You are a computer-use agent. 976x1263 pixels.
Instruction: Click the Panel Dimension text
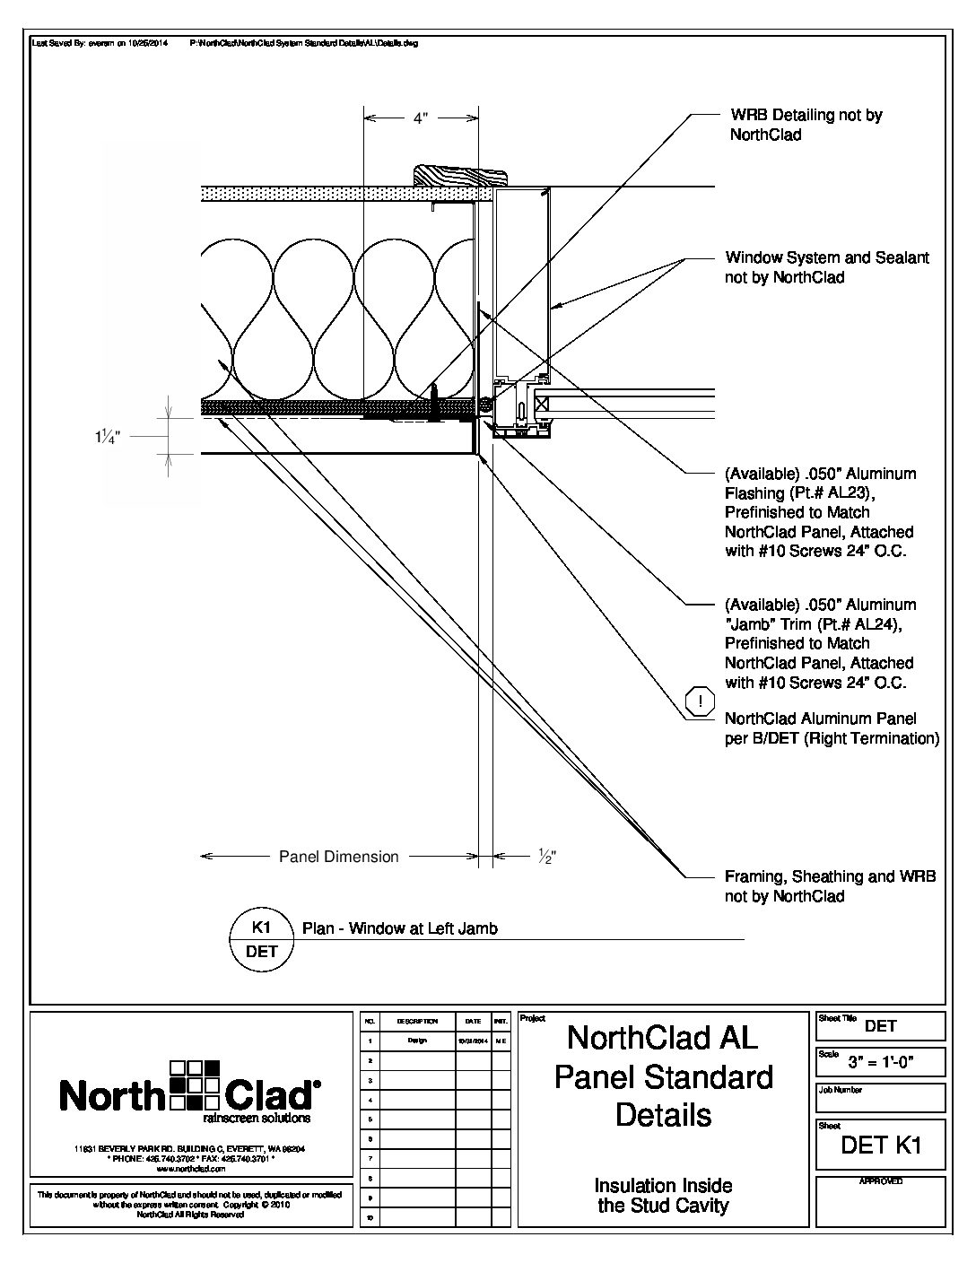point(339,857)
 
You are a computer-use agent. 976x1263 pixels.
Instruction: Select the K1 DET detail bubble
point(262,938)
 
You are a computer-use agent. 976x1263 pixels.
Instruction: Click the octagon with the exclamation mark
point(701,702)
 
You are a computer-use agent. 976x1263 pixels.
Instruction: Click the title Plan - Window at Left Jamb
point(400,928)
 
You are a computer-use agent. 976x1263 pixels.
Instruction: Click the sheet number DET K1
point(880,1145)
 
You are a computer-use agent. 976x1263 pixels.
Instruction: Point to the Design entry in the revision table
point(417,1041)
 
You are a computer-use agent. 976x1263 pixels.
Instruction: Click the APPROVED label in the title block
point(880,1181)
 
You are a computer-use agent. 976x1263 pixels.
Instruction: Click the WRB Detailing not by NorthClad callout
point(806,125)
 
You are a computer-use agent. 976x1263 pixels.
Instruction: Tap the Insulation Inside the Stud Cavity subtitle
point(664,1196)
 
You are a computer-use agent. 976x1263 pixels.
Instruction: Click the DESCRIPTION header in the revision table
point(417,1021)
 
